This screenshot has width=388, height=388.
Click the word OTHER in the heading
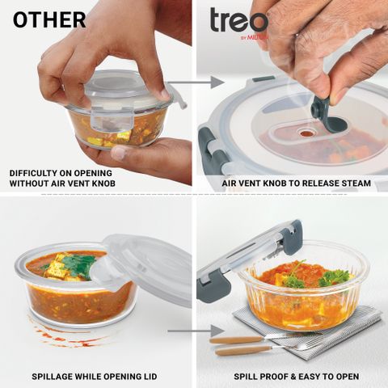[49, 20]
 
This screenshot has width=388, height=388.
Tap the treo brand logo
[238, 22]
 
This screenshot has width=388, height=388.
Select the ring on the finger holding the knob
[297, 35]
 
